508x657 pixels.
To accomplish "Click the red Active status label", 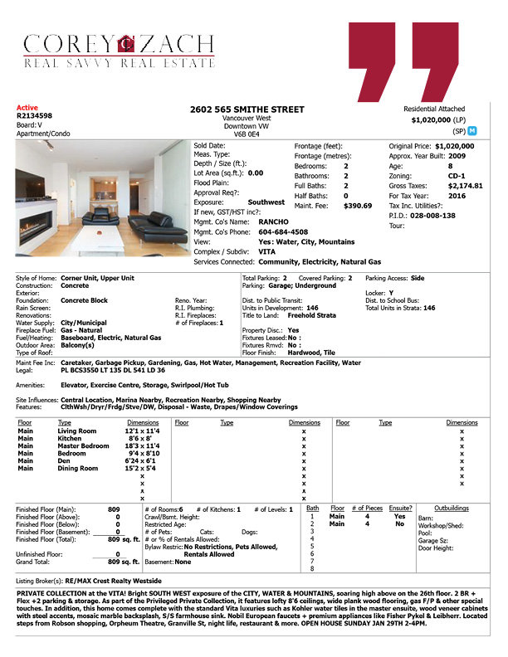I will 27,108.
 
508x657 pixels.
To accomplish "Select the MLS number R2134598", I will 35,116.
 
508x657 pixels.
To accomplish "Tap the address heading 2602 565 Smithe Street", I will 247,109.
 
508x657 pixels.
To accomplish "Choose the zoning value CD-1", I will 457,176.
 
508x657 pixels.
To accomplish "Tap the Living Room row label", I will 76,431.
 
